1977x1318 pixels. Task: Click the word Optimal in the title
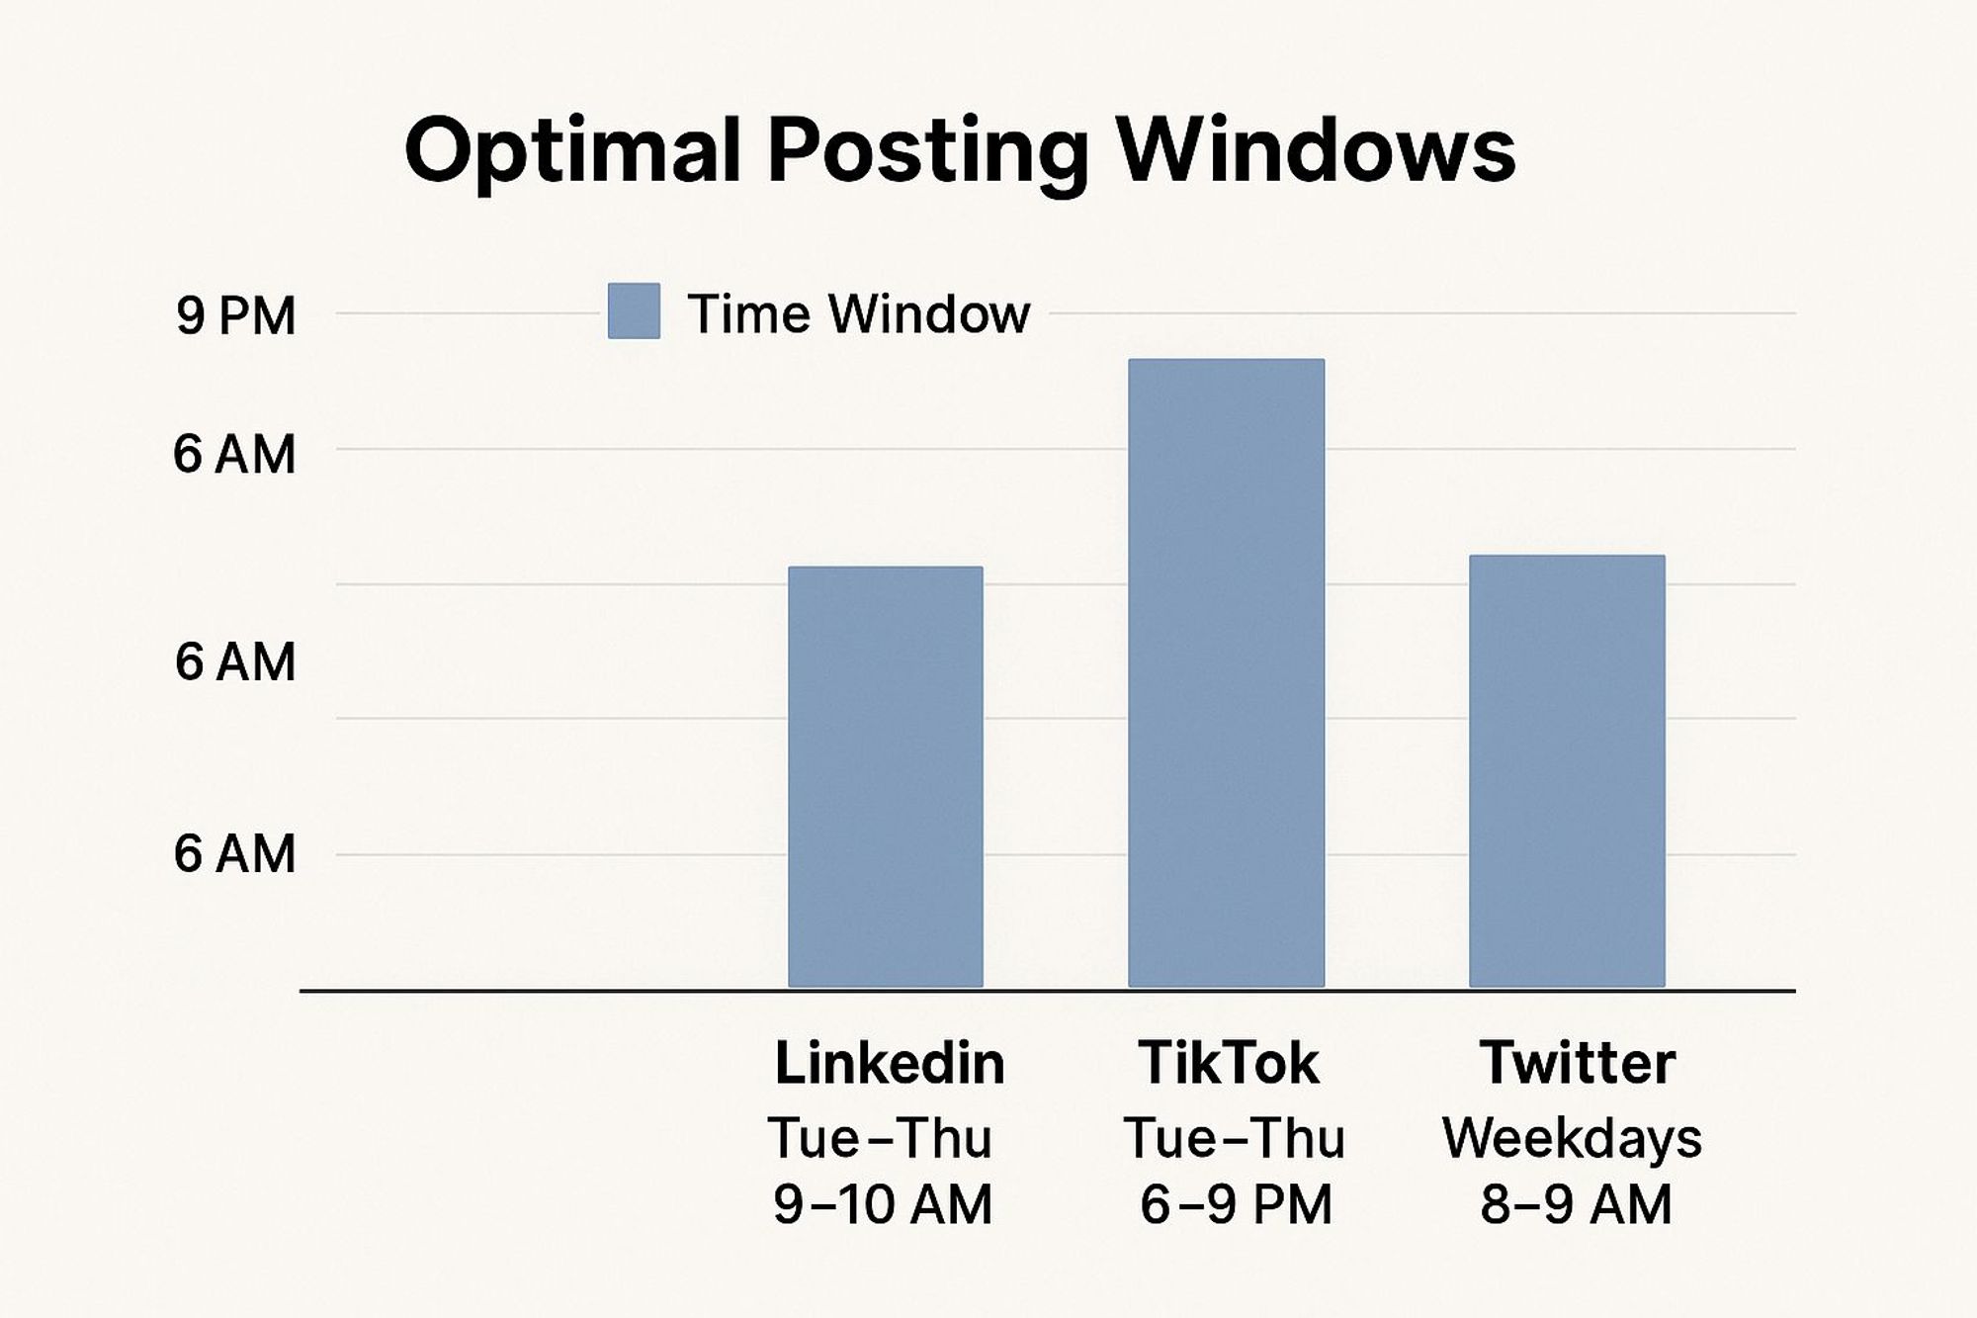[x=573, y=152]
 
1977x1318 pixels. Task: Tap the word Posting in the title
[x=928, y=154]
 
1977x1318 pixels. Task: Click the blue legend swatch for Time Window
[x=634, y=311]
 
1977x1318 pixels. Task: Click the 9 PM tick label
[x=236, y=316]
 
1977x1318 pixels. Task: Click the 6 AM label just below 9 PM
[x=235, y=455]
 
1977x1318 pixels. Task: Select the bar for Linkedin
[x=886, y=777]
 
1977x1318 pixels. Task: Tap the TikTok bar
[x=1227, y=673]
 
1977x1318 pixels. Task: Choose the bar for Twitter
[x=1567, y=771]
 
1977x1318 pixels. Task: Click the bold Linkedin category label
[x=890, y=1063]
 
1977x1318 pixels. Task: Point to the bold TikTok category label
[x=1229, y=1063]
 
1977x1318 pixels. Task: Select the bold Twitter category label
[x=1578, y=1063]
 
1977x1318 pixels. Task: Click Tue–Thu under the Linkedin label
[x=880, y=1138]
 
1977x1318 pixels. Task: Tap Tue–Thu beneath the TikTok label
[x=1235, y=1138]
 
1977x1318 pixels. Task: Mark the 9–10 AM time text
[x=883, y=1205]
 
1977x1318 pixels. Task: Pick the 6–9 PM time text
[x=1237, y=1205]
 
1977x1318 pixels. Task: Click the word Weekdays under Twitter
[x=1573, y=1139]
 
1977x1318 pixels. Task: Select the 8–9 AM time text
[x=1577, y=1205]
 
